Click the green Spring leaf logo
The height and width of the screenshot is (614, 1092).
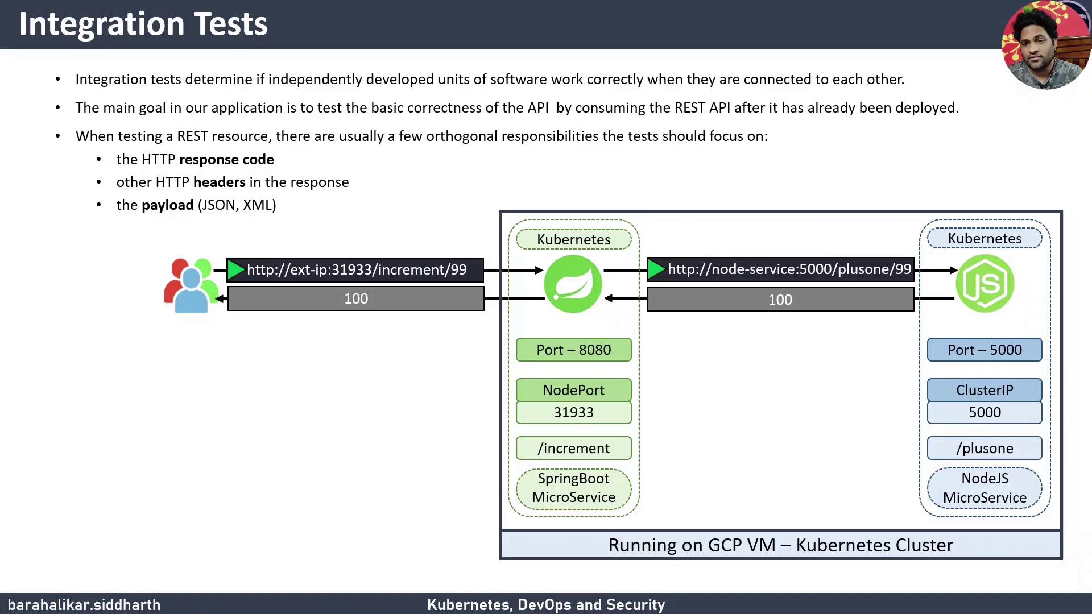(x=573, y=284)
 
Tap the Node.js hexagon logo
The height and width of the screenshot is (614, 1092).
(x=985, y=283)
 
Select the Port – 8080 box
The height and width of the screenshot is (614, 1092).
(x=573, y=350)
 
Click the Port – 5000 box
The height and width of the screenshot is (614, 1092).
(x=985, y=350)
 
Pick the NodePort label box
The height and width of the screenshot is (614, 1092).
(x=573, y=390)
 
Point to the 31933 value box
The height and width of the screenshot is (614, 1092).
(x=573, y=412)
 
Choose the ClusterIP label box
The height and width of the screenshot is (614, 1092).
(x=985, y=390)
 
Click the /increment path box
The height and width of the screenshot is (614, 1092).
(x=573, y=448)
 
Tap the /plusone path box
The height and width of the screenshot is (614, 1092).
(x=985, y=448)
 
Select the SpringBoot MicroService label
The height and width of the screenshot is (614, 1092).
(x=573, y=488)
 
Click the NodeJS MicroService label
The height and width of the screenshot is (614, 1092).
(x=985, y=488)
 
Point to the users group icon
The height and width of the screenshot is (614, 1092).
(x=191, y=285)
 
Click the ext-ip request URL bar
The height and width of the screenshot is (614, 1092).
(x=355, y=269)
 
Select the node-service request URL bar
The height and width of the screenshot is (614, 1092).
(x=780, y=269)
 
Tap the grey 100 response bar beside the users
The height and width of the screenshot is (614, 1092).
(x=355, y=298)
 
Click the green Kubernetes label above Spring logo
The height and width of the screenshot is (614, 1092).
(x=573, y=239)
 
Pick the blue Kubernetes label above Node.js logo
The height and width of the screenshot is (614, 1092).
(x=985, y=238)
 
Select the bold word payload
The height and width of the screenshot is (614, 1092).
(x=167, y=205)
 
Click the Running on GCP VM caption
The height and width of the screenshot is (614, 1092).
(x=780, y=545)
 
